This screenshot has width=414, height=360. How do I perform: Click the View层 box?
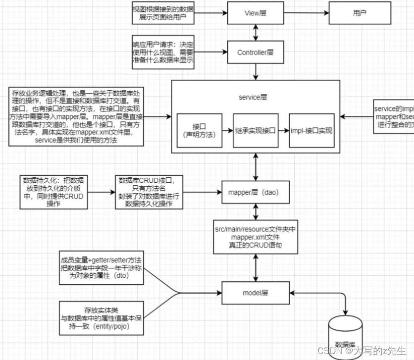pyautogui.click(x=256, y=12)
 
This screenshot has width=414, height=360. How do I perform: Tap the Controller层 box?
pyautogui.click(x=256, y=52)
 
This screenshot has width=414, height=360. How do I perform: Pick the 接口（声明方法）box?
pyautogui.click(x=200, y=130)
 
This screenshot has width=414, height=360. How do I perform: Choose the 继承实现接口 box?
pyautogui.click(x=254, y=130)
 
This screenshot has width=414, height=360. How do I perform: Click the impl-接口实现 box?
pyautogui.click(x=311, y=130)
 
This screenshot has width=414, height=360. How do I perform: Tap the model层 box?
pyautogui.click(x=255, y=292)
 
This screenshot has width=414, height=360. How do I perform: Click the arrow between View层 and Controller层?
pyautogui.click(x=256, y=32)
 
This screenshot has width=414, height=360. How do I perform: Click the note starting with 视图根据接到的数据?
pyautogui.click(x=162, y=13)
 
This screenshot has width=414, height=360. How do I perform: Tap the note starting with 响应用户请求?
pyautogui.click(x=162, y=52)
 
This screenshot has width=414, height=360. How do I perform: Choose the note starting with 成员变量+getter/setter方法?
pyautogui.click(x=102, y=269)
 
